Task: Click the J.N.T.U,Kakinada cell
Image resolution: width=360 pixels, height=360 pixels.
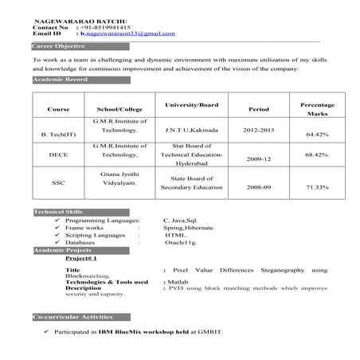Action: (191, 128)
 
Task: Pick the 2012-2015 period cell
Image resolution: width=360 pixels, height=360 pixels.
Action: (259, 128)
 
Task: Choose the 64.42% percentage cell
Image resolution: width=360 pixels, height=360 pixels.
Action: (317, 135)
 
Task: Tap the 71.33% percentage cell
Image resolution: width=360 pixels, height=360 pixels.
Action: (317, 188)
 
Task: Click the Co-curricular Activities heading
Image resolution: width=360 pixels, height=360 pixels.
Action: (67, 317)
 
